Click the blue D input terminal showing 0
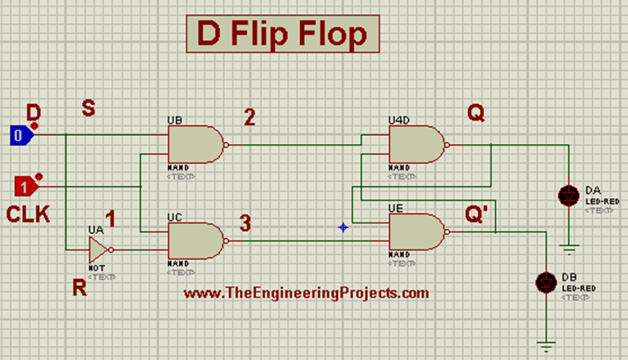[x=20, y=136]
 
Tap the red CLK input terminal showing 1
[x=27, y=187]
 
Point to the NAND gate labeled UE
[x=416, y=232]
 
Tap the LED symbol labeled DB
[x=545, y=281]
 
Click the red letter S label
[x=88, y=107]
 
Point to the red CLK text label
[x=29, y=215]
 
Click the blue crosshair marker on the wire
[x=343, y=227]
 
